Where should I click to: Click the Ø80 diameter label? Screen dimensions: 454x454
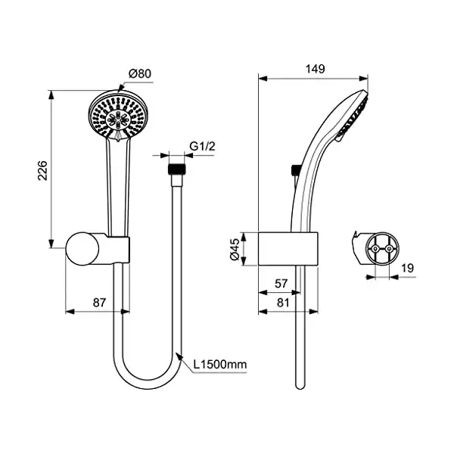[139, 73]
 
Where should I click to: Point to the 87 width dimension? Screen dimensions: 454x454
[98, 302]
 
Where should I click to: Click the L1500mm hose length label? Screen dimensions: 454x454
[220, 365]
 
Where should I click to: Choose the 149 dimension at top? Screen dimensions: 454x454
[316, 69]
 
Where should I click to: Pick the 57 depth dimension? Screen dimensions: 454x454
[279, 283]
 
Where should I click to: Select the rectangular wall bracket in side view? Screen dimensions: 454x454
[288, 248]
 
